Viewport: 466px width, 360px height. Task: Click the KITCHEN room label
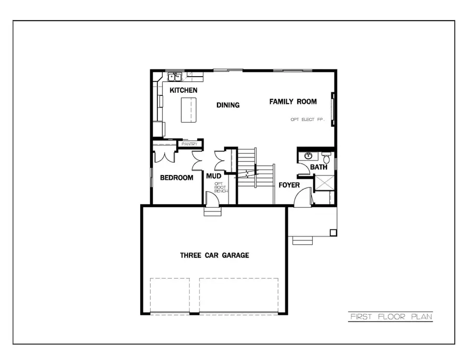tap(183, 91)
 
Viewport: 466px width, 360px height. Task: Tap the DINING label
tap(228, 105)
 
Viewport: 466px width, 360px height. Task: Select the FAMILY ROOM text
tap(293, 102)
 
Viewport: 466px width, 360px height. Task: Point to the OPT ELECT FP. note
tap(307, 120)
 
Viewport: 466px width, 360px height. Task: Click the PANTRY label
tap(189, 144)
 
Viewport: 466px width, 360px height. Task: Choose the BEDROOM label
tap(177, 178)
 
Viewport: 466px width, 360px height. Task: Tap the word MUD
tap(214, 176)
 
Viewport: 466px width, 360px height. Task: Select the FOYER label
tap(289, 185)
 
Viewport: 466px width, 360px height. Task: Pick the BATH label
tap(318, 167)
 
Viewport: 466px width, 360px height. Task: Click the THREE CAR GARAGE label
tap(214, 255)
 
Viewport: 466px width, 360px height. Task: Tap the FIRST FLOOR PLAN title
tap(390, 316)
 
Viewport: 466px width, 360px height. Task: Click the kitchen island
tap(189, 109)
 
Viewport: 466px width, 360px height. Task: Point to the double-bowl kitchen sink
tap(174, 77)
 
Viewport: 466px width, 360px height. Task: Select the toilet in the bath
tap(326, 154)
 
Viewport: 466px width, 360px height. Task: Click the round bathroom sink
tap(309, 155)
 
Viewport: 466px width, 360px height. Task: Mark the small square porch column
tap(333, 233)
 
